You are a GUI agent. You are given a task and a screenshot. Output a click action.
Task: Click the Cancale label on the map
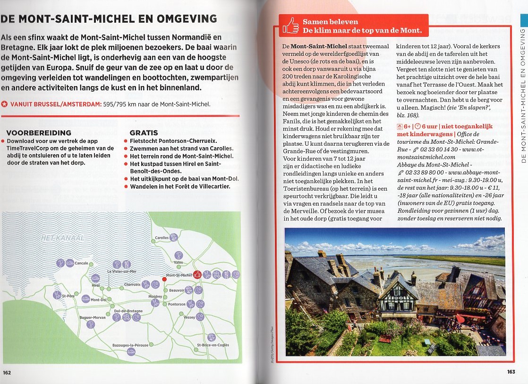(x=81, y=263)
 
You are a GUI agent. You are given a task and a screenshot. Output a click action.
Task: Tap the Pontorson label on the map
(x=177, y=305)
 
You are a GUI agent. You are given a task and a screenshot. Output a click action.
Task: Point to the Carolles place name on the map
(x=162, y=238)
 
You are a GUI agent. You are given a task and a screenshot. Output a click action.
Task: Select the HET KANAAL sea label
(x=62, y=237)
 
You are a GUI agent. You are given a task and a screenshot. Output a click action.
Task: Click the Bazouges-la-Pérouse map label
(x=130, y=345)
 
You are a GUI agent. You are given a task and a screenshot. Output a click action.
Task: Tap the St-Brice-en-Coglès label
(x=213, y=345)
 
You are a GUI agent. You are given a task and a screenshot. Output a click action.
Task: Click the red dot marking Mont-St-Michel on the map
(x=164, y=279)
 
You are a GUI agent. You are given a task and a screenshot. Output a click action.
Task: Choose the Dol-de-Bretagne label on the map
(x=128, y=311)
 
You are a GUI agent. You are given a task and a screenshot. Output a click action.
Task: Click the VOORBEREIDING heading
(x=39, y=133)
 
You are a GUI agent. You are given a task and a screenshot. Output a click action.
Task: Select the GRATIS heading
(x=144, y=133)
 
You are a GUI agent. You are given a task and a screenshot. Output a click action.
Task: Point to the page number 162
(x=7, y=372)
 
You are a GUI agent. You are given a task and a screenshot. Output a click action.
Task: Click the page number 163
(x=511, y=372)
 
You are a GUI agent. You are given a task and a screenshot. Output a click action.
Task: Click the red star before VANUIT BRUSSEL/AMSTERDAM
(x=4, y=105)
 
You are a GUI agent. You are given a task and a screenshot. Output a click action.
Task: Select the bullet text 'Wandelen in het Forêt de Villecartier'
(x=180, y=186)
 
